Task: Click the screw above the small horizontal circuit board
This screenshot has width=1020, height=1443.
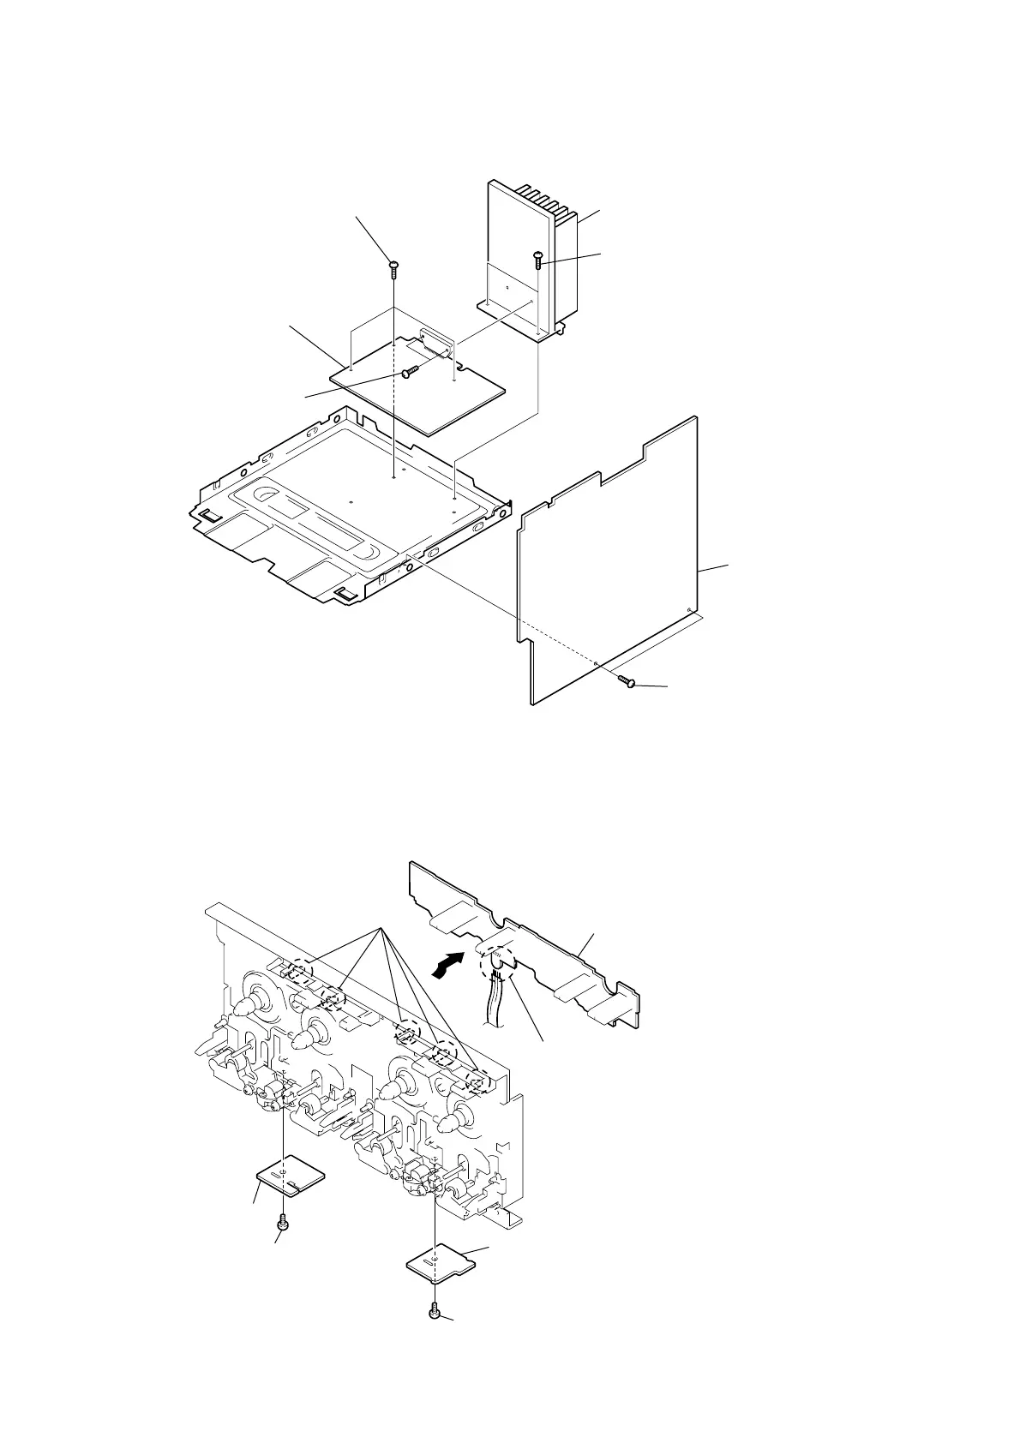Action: (x=393, y=267)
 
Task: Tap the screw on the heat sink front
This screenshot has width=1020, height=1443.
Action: (x=537, y=259)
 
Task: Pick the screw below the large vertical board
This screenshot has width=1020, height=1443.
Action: (x=627, y=681)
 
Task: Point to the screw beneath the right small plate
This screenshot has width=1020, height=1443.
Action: (x=435, y=1311)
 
